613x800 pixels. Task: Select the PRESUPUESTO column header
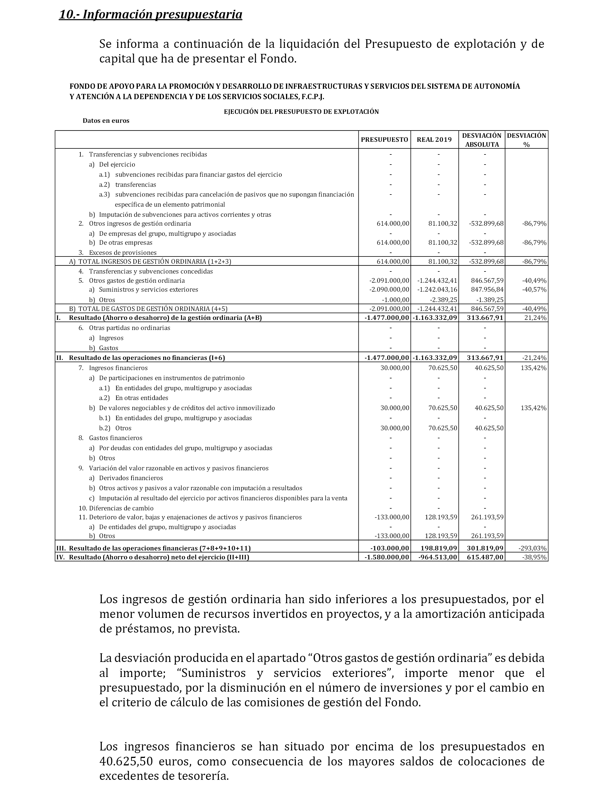coord(384,140)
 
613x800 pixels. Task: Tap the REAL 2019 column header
coord(434,140)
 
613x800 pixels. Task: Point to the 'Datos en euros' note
coord(106,121)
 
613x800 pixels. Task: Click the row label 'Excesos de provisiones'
coord(123,252)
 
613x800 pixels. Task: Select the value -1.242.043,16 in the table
coord(437,290)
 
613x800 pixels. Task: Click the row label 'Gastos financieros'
coord(115,438)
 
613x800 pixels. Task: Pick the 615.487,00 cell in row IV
coord(485,557)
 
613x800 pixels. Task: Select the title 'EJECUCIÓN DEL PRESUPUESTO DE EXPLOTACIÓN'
coord(301,112)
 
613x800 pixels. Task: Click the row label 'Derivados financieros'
coord(131,478)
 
